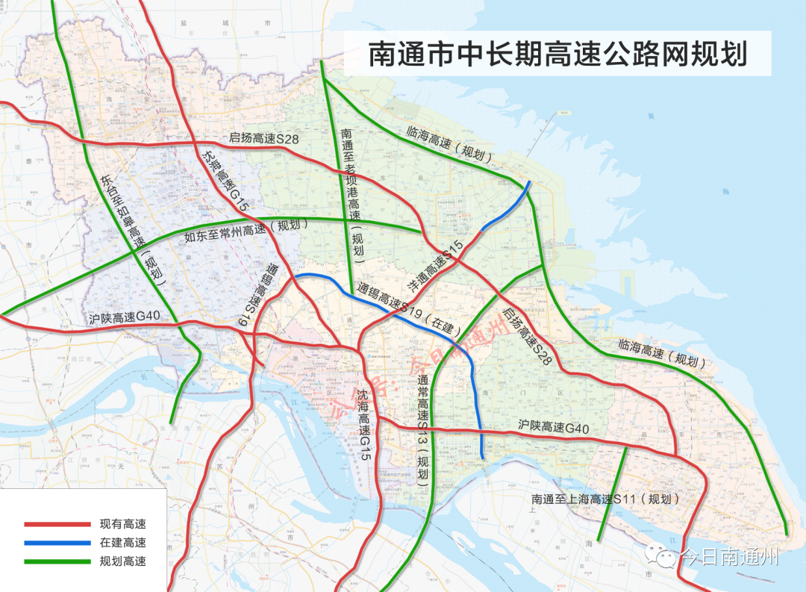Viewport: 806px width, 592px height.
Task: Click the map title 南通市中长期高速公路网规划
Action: pos(557,55)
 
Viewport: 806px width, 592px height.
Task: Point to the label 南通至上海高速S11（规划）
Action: pos(607,499)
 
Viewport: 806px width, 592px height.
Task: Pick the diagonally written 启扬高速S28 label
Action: pos(527,337)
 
